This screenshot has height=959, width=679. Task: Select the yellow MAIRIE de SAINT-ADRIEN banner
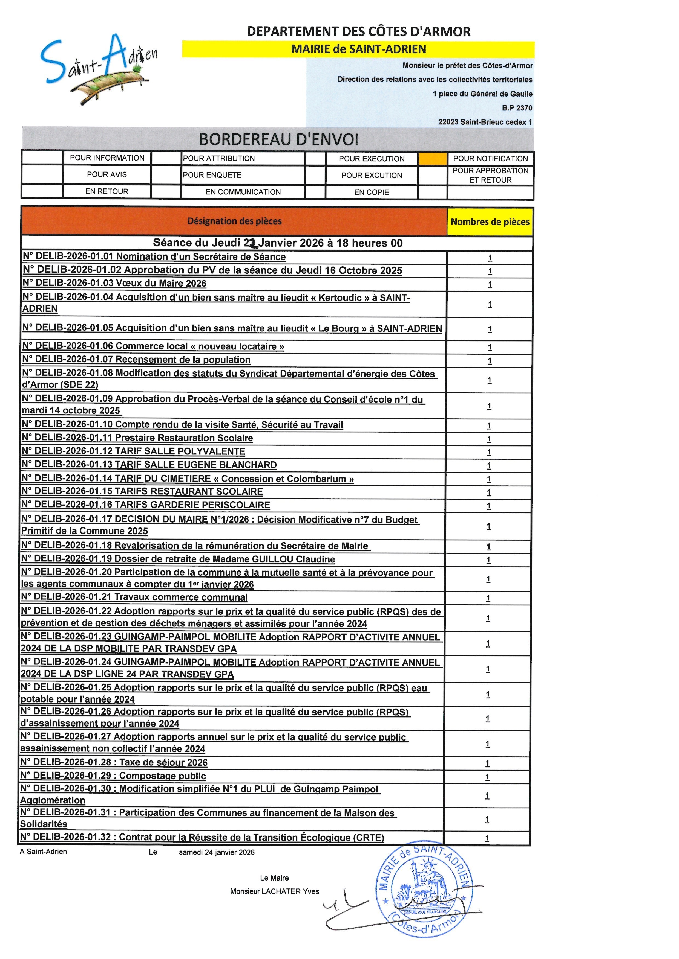358,49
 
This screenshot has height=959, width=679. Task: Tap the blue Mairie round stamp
425,891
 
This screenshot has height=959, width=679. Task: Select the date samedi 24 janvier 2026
217,852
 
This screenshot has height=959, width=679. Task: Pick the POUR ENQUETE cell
212,175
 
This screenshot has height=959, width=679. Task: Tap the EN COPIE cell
371,192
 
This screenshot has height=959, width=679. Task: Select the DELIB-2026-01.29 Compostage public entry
113,776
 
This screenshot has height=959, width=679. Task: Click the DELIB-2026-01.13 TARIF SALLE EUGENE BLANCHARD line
149,465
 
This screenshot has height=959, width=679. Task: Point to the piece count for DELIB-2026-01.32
487,838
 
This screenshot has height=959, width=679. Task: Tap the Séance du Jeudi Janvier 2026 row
278,243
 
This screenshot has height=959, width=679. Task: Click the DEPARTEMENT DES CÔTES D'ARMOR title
358,31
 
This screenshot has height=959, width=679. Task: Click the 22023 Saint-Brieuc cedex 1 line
485,122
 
